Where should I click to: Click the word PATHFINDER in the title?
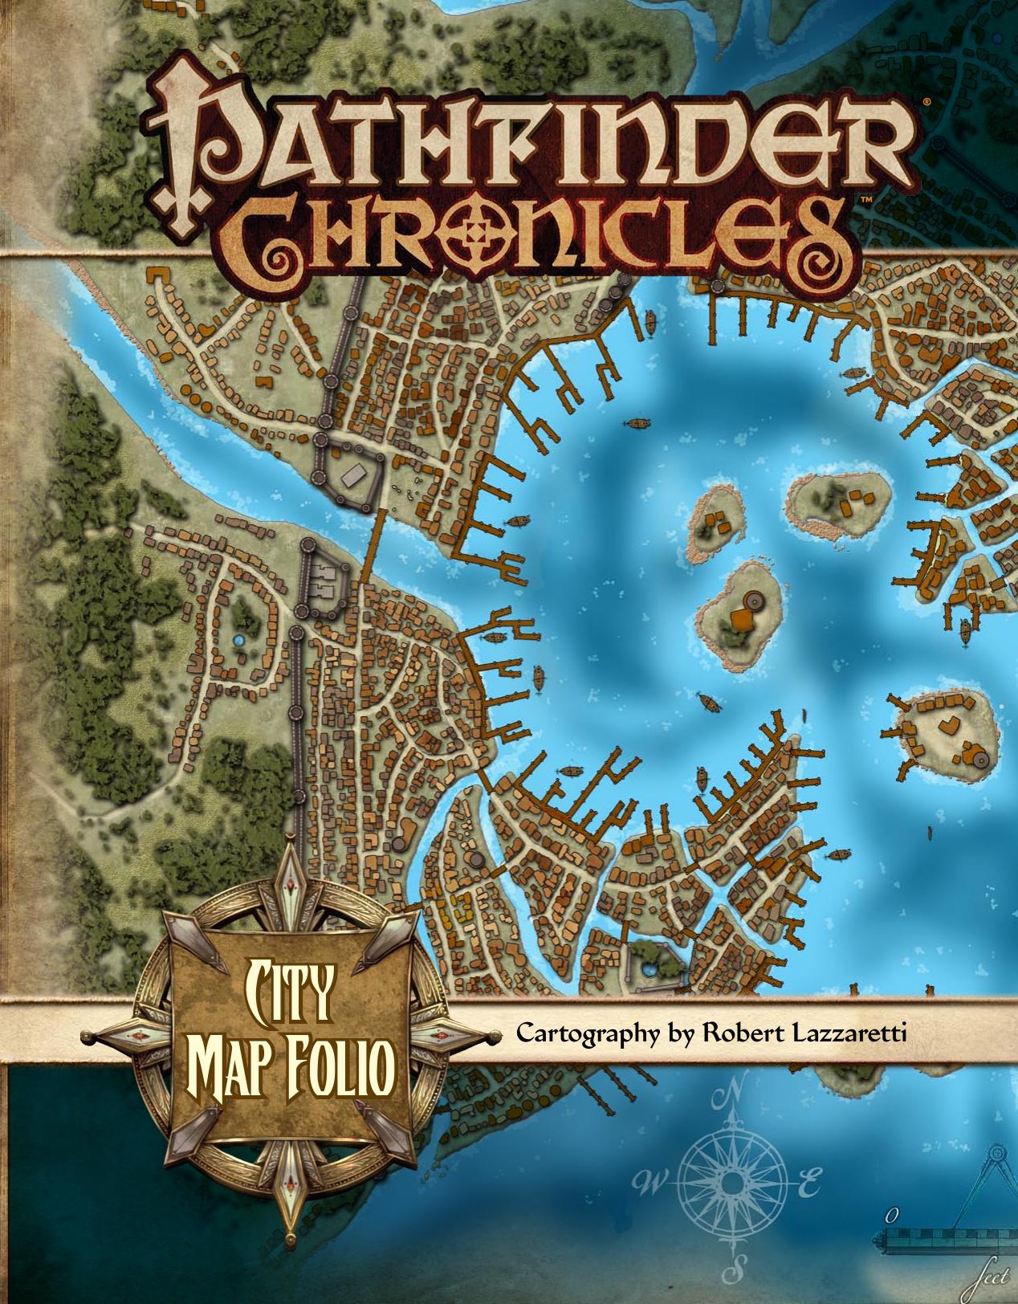(x=530, y=141)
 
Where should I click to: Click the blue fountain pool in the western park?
(x=238, y=640)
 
